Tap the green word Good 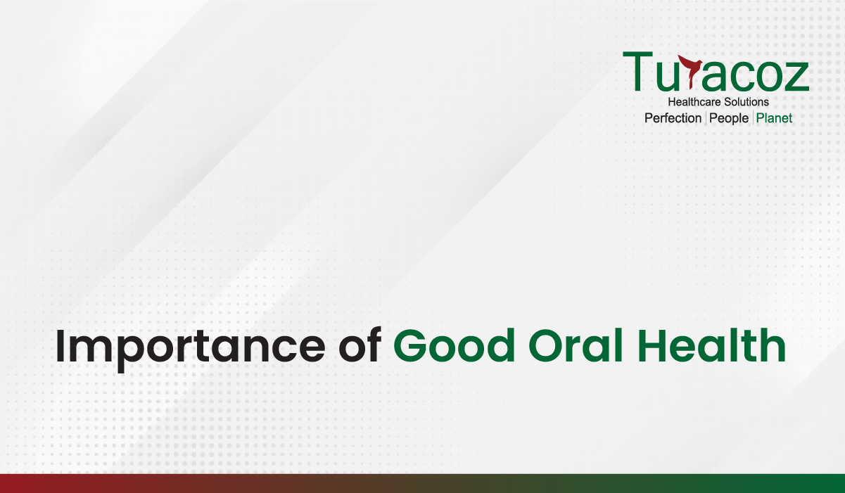coord(455,345)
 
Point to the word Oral coord(576,345)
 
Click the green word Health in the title coord(712,345)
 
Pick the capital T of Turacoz coord(637,71)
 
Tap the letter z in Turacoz coord(795,77)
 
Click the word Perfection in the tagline coord(673,118)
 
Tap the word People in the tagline coord(729,119)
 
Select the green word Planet coord(774,118)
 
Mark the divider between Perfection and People coord(706,118)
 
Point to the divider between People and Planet coord(753,118)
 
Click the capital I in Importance coord(60,346)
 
